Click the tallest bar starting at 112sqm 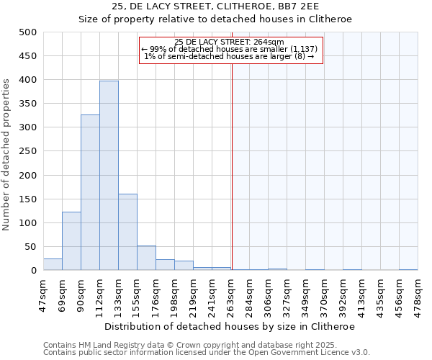click(x=109, y=176)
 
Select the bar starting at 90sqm click(x=90, y=192)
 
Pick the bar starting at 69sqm click(x=71, y=241)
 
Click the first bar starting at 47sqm click(x=53, y=264)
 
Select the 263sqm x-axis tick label click(x=231, y=292)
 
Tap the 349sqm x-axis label click(x=306, y=292)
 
